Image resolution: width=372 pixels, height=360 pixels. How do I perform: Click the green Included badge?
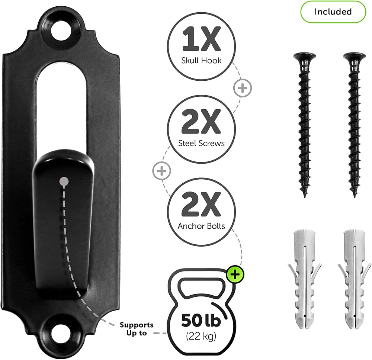(x=333, y=12)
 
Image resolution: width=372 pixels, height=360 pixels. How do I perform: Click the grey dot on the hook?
(x=64, y=182)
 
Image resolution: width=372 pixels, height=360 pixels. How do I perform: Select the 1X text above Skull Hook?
(x=201, y=39)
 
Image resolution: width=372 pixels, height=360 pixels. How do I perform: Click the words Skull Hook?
(x=201, y=61)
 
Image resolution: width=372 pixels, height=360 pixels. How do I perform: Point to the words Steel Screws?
(x=201, y=143)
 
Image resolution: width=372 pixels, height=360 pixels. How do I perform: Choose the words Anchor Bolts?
(x=201, y=226)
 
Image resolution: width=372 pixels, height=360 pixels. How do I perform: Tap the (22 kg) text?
(x=201, y=336)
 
